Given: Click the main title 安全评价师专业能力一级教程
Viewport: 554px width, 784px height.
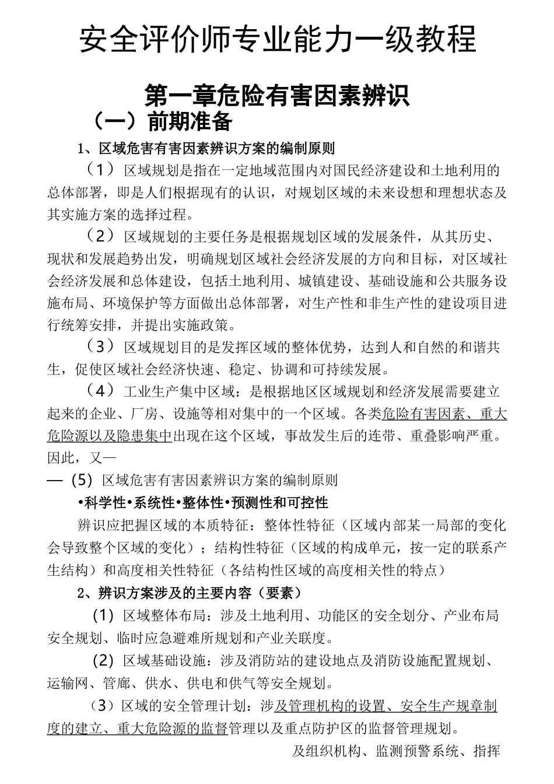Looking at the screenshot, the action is click(x=277, y=38).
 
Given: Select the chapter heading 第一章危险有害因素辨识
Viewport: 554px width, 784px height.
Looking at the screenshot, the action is click(x=277, y=94).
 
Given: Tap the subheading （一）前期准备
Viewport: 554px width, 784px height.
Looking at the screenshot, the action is click(x=162, y=121).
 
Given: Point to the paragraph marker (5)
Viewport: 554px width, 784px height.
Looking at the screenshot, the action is click(x=82, y=480).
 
